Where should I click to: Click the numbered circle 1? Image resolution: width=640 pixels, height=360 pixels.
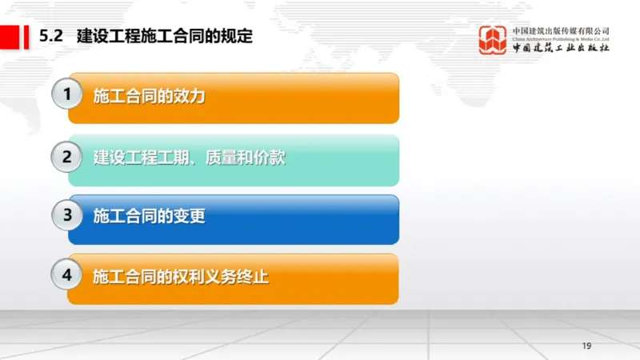coord(69,95)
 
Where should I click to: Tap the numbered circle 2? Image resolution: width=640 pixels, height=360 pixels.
coord(69,156)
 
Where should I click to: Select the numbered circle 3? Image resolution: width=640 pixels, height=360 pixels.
coord(69,215)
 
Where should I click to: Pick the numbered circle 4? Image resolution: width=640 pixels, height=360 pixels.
coord(69,276)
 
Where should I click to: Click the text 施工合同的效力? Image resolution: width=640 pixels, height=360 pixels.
coord(149,96)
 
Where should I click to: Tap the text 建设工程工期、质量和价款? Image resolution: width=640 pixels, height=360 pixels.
coord(189,158)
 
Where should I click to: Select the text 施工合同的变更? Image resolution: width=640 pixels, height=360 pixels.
coord(149,216)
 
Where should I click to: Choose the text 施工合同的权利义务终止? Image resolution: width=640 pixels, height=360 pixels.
coord(181,278)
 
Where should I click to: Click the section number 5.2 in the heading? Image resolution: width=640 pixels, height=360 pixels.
coord(51,36)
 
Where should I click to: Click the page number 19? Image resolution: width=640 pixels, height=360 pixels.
coord(586,346)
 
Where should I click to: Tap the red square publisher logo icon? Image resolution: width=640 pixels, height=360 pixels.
coord(493,39)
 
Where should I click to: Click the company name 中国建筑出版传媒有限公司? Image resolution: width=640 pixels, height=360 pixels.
coord(561,30)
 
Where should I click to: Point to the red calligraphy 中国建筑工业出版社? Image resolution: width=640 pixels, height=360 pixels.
coord(561,48)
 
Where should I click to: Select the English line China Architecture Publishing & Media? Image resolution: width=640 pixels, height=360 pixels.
coord(561,38)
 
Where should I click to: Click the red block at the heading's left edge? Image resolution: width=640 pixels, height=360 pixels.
coord(11,36)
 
